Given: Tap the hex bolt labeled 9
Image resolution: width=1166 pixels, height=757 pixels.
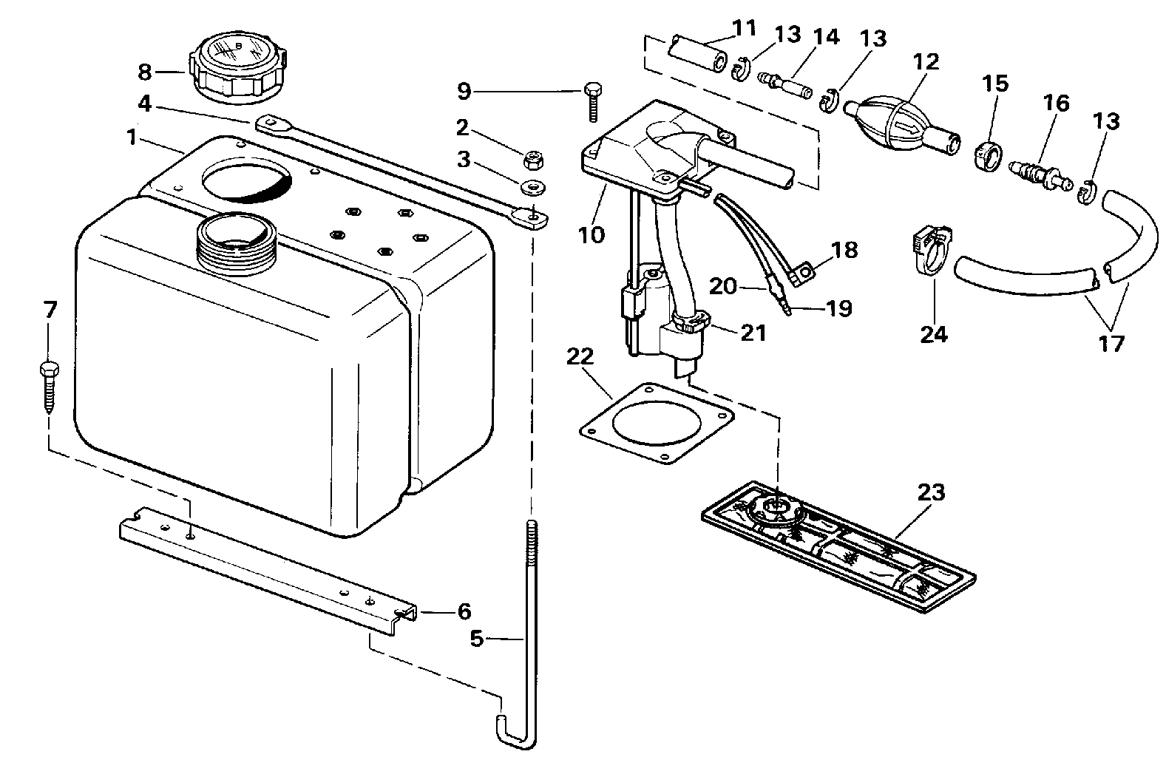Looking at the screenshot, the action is [x=592, y=101].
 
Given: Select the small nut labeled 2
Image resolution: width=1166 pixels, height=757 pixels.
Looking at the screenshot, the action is [x=532, y=159].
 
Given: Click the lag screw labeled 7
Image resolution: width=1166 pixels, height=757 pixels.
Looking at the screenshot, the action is [x=49, y=386].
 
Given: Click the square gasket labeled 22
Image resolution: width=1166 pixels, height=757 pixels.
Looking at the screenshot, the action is [x=657, y=422].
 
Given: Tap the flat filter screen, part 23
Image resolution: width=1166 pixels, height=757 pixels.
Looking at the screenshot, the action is [x=838, y=546].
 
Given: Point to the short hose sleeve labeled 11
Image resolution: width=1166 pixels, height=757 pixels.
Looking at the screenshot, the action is [x=698, y=52].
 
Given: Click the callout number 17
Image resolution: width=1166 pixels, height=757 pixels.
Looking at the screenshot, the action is [x=1111, y=344].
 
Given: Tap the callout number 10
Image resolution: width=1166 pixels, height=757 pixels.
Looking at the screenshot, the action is [x=592, y=235].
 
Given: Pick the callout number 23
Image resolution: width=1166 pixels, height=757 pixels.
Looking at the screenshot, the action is [x=931, y=492].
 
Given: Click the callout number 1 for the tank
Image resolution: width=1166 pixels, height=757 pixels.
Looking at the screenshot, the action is [x=132, y=138].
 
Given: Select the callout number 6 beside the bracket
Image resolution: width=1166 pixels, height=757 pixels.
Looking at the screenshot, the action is [x=464, y=611].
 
